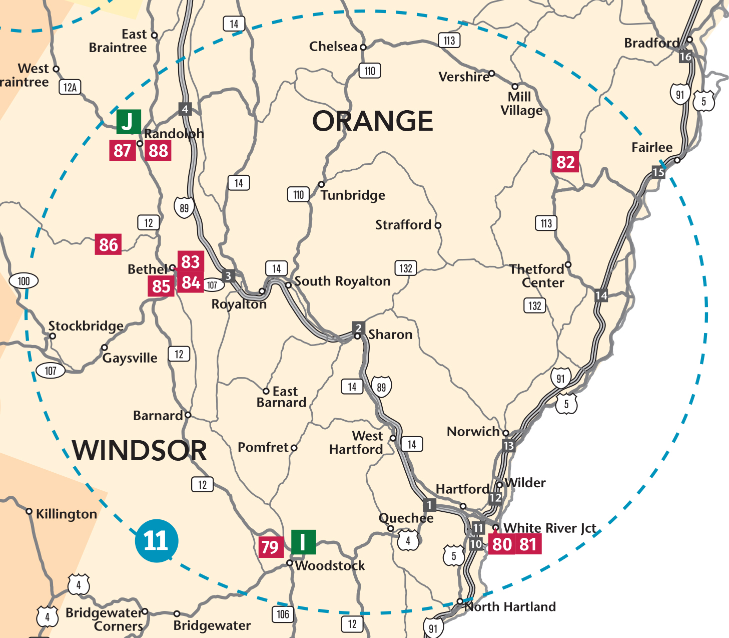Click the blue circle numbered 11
click(156, 541)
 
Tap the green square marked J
click(129, 122)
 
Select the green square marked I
click(303, 542)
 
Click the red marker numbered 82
click(565, 162)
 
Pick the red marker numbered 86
click(108, 244)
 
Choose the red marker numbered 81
click(528, 544)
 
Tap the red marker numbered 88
click(158, 150)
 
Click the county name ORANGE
click(372, 121)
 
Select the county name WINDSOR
click(139, 450)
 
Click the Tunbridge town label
click(353, 195)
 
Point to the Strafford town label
click(403, 225)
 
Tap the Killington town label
click(66, 514)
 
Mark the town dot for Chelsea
click(363, 48)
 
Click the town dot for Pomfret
click(294, 448)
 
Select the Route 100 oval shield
click(24, 281)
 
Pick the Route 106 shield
click(283, 614)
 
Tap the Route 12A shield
click(70, 88)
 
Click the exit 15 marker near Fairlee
click(658, 172)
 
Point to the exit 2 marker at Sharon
click(358, 328)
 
